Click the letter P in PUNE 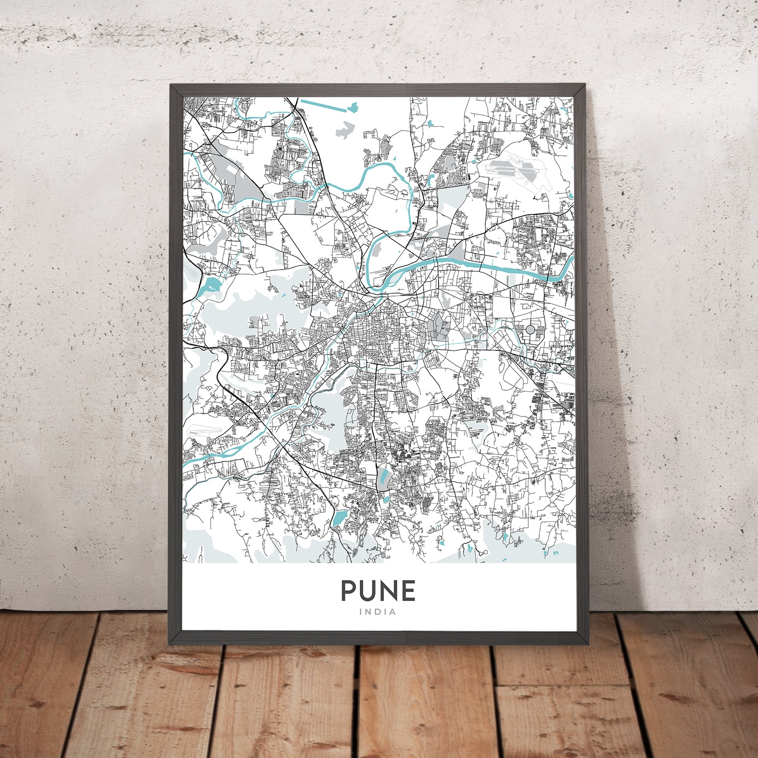pos(349,591)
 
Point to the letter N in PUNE pos(388,591)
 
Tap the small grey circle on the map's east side pos(530,329)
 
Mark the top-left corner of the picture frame pos(171,85)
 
